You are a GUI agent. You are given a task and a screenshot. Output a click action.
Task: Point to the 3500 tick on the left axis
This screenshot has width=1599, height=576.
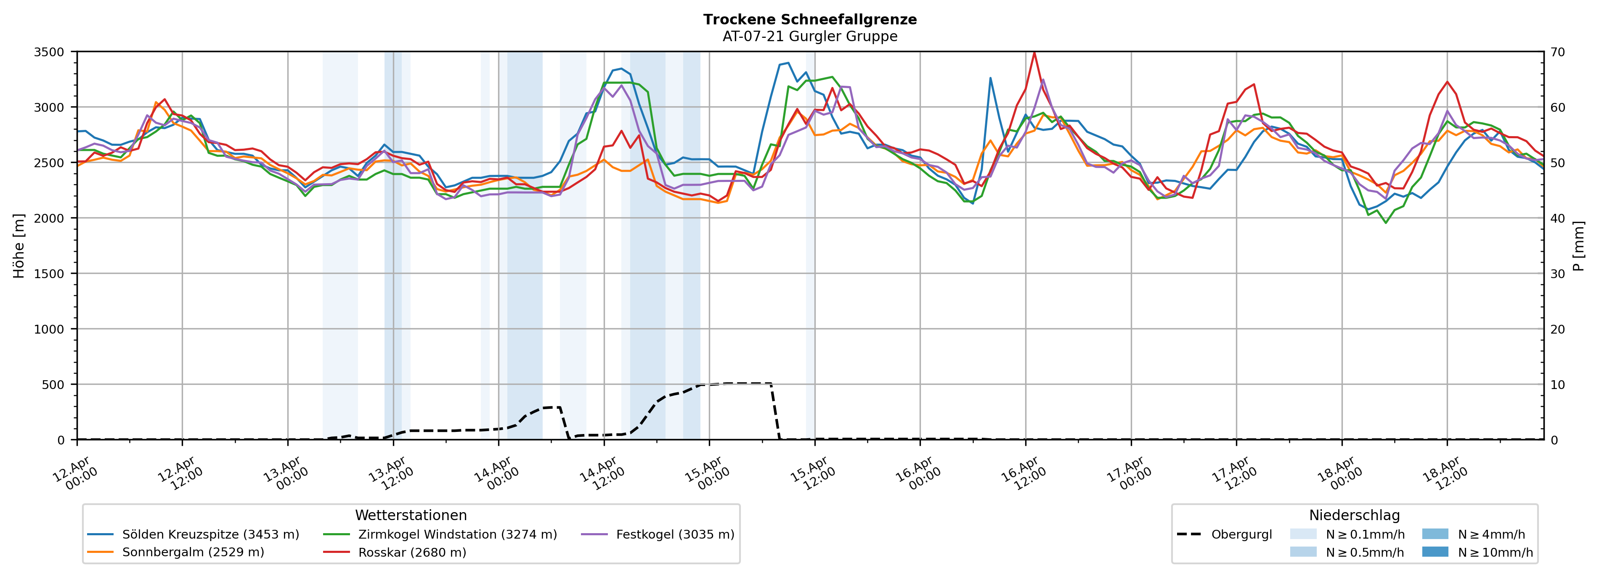pos(49,52)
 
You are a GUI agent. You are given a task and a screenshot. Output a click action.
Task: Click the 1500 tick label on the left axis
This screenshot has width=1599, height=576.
pos(49,274)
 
